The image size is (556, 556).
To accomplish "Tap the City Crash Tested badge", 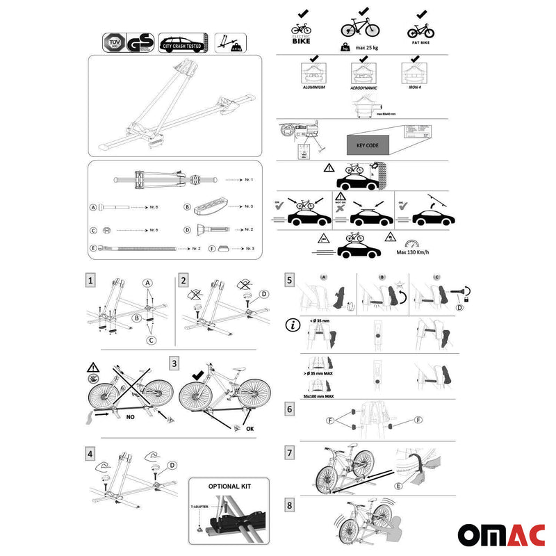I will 182,41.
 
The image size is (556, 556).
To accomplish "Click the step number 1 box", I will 91,280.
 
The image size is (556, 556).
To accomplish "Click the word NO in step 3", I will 131,418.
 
